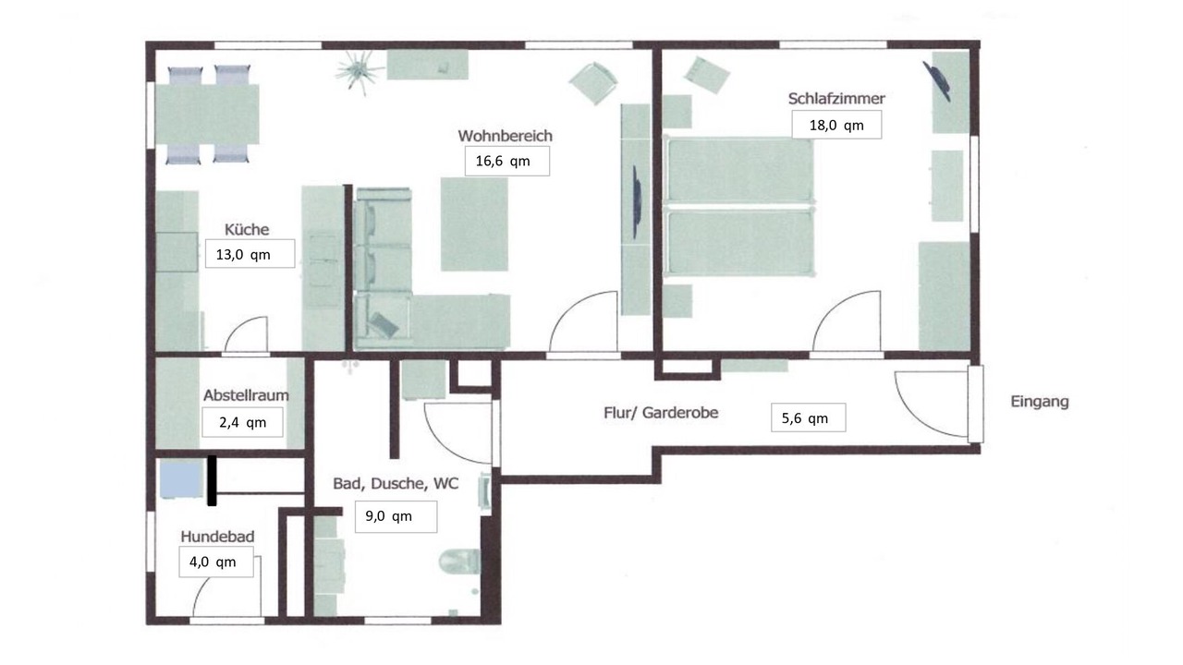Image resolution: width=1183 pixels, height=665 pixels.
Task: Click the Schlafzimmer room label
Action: tap(836, 98)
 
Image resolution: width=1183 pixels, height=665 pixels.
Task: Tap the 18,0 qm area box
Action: tap(836, 125)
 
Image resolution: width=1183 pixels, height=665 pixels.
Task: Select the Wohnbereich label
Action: tap(506, 136)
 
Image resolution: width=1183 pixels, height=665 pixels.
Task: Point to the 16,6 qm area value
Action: tap(503, 161)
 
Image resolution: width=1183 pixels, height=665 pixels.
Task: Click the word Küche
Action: tap(247, 230)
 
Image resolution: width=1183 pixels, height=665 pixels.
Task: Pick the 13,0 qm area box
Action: tap(250, 254)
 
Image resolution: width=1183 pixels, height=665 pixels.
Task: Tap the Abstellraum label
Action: tap(246, 395)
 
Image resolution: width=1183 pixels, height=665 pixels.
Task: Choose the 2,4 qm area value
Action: tap(242, 422)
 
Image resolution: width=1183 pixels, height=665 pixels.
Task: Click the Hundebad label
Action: tap(217, 537)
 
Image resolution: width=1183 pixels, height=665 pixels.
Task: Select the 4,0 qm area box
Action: tap(216, 562)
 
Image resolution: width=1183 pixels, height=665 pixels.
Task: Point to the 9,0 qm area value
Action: tap(389, 516)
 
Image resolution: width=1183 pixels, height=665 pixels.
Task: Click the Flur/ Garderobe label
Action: tap(661, 413)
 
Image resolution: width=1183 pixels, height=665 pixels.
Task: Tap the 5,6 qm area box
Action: tap(808, 418)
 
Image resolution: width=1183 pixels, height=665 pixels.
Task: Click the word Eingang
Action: tap(1040, 402)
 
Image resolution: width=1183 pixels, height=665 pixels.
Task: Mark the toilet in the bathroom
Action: tap(460, 561)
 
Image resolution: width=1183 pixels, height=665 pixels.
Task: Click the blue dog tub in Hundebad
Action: tap(182, 478)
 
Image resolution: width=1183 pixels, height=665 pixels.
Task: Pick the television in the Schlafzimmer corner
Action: tap(938, 80)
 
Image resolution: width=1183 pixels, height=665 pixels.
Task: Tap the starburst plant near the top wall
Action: tap(360, 74)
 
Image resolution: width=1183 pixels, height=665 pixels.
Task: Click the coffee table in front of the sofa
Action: tap(474, 224)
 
